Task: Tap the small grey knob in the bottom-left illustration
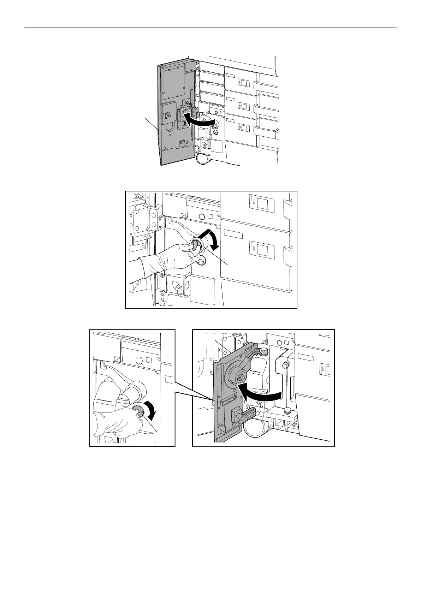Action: pos(137,411)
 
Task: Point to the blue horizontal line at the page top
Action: pos(210,28)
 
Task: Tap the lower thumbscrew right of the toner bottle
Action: pos(287,410)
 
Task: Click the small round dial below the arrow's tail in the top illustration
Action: pos(216,132)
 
